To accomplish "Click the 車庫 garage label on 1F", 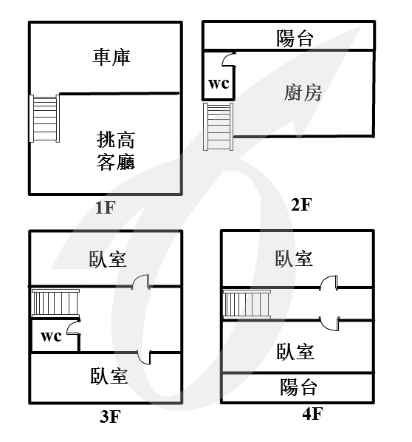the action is coord(111,57).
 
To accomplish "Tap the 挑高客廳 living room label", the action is coord(116,151).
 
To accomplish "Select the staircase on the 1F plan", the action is coord(44,118).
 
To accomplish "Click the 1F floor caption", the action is coord(106,208).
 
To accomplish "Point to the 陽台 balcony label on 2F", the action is coord(295,38).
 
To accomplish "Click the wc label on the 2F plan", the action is coord(219,84).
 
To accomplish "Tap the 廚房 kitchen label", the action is coord(303,92).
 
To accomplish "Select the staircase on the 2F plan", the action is coord(219,126).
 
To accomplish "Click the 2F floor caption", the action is coord(301,205).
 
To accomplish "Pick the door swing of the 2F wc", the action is coord(229,59).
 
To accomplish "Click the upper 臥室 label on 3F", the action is coord(108,259).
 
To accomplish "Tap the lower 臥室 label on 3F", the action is coord(109,375).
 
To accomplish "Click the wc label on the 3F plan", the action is coord(51,336).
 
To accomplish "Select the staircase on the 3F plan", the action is coord(55,304).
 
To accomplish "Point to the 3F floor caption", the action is coord(110,417).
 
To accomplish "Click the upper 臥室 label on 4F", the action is coord(294,258).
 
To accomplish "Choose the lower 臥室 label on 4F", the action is coord(295,352).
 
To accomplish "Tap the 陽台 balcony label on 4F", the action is coord(298,387).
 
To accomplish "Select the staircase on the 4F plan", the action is coord(247,305).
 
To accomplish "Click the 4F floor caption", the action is coord(312,414).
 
